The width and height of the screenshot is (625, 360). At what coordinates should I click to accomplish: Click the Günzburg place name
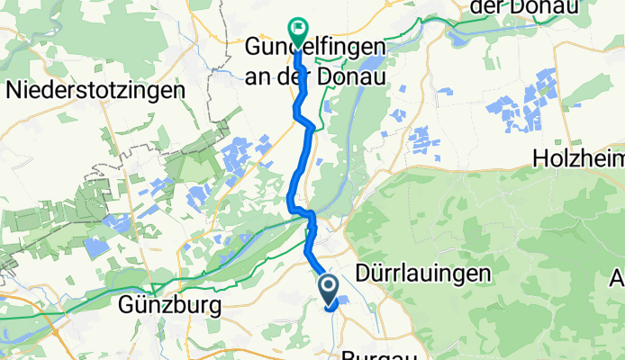(x=170, y=306)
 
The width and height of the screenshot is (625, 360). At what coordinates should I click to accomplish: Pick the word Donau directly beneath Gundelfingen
(x=354, y=77)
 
